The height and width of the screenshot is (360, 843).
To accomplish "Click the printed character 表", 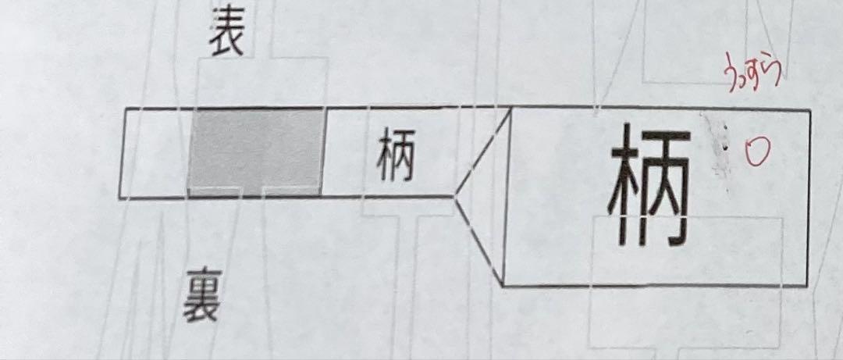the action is pos(226,37).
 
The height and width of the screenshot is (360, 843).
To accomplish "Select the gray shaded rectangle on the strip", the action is pos(256,151).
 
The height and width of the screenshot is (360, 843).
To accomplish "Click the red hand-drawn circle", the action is pos(756,151).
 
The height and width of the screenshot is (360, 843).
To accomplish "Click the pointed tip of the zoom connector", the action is pos(455,194).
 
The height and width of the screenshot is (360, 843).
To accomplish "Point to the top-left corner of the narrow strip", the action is pos(125,111).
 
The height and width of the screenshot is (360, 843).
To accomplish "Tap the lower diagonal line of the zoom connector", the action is pos(480,239).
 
